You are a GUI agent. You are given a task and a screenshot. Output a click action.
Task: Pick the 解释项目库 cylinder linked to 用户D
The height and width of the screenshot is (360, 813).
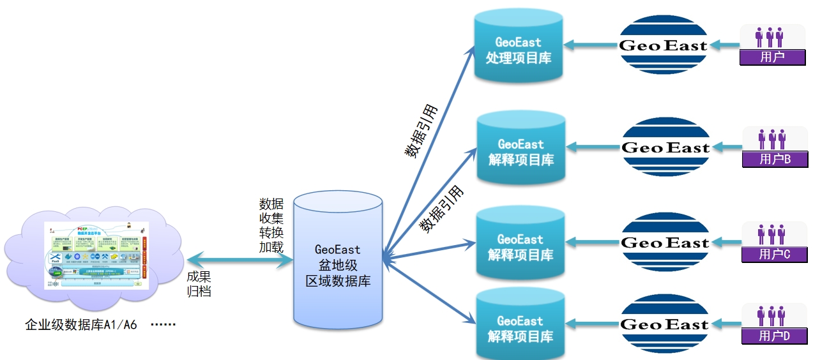[520, 327]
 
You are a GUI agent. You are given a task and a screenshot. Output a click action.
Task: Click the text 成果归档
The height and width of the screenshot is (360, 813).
[199, 284]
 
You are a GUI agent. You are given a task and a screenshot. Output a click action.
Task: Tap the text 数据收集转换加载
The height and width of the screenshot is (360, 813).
[271, 225]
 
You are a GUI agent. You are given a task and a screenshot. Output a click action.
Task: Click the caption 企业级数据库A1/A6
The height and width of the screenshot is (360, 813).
[81, 324]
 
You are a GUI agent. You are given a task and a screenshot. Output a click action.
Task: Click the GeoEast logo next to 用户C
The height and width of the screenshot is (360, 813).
[665, 243]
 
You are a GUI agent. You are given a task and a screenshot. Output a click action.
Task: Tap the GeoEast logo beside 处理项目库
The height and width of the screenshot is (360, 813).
[664, 45]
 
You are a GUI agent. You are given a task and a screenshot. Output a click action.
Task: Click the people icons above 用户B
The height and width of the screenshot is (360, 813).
[771, 139]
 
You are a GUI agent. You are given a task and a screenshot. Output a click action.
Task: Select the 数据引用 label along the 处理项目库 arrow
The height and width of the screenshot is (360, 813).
[420, 131]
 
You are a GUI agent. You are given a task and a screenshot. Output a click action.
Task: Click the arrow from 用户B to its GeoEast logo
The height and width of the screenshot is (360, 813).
[727, 147]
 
